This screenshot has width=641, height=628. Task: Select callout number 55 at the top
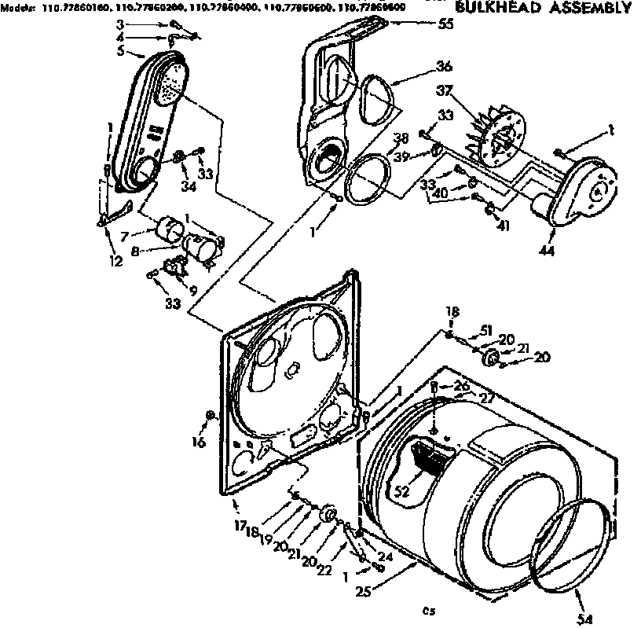point(445,24)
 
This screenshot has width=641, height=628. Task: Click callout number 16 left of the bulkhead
point(198,443)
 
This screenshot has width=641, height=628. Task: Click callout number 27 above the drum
point(487,398)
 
